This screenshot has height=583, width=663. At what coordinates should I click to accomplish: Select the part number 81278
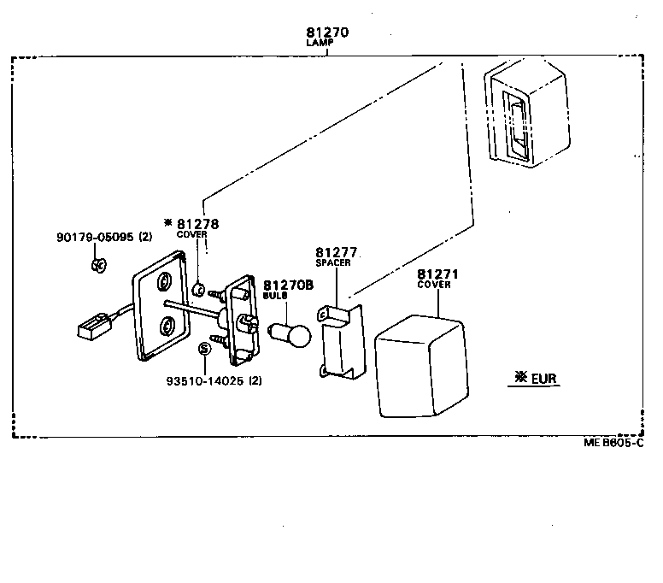pos(198,224)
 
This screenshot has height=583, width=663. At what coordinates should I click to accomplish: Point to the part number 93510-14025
pos(206,380)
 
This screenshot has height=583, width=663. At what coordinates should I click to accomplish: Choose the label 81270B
pos(283,286)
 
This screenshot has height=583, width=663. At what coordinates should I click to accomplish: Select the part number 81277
pos(336,253)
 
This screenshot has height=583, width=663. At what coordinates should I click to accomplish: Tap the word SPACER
pos(333,263)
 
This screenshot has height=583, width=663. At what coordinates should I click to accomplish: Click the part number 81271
pos(438,274)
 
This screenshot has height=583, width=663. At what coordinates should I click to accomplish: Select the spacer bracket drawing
pos(343,342)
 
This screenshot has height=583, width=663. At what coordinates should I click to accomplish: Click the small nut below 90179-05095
pos(97,264)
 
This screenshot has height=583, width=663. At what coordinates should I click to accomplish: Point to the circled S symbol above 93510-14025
pos(204,348)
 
